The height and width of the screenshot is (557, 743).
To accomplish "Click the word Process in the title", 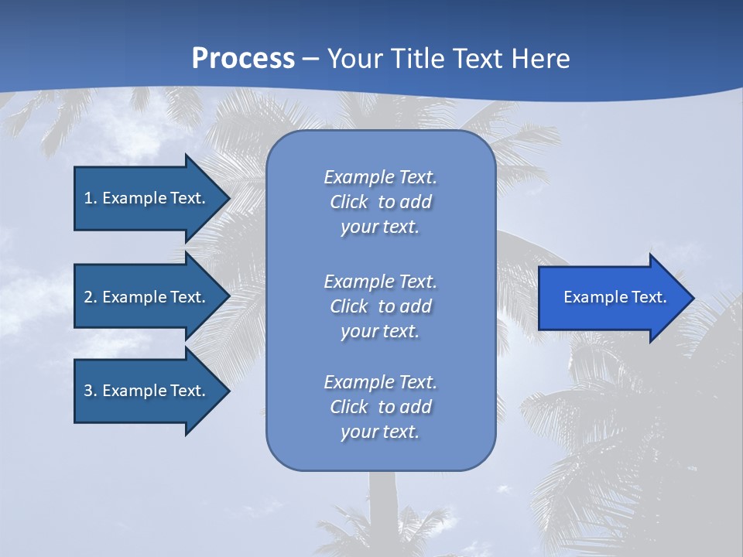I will (243, 59).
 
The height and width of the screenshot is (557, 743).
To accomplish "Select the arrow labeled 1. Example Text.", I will (145, 198).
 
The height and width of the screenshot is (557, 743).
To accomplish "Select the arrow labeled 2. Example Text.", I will (145, 297).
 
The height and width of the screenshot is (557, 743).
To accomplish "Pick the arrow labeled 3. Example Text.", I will (145, 391).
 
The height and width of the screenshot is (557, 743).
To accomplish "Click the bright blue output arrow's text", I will (615, 297).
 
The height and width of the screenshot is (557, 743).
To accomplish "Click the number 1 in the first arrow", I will (88, 198).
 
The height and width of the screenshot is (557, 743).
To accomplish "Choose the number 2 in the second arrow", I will (88, 297).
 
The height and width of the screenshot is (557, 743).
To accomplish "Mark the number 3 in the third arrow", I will (88, 391).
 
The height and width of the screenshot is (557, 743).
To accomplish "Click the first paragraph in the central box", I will (380, 202).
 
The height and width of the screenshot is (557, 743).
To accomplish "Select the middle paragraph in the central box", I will (380, 306).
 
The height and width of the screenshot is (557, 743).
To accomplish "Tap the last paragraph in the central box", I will (380, 407).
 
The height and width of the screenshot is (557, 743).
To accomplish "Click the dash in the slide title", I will (310, 59).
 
